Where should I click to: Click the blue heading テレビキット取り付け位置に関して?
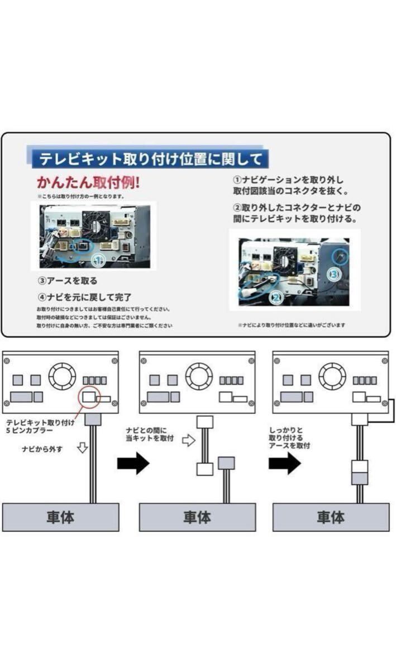pyautogui.click(x=149, y=158)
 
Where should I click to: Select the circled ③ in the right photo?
pyautogui.click(x=333, y=274)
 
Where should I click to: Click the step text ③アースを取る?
pyautogui.click(x=68, y=281)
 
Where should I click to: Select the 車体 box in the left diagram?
pyautogui.click(x=61, y=517)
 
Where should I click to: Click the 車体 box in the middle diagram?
pyautogui.click(x=197, y=517)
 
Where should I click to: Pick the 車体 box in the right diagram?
pyautogui.click(x=331, y=517)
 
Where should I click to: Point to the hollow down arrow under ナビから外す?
pyautogui.click(x=82, y=448)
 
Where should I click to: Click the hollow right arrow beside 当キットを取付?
pyautogui.click(x=188, y=440)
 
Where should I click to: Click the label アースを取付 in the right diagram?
pyautogui.click(x=290, y=446)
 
